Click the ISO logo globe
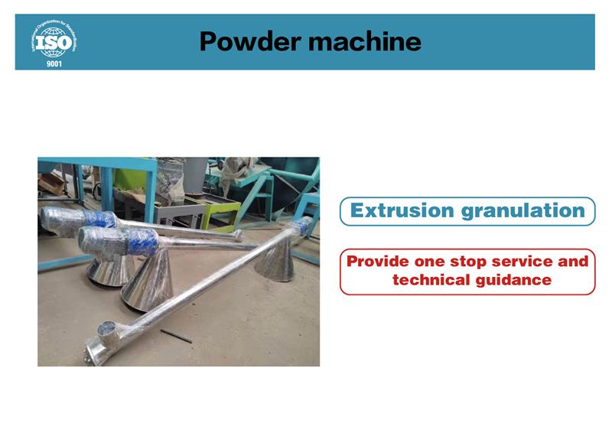pos(54,42)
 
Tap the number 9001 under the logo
pos(54,63)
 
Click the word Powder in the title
pos(250,41)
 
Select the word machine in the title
pos(365,41)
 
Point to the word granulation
pos(523,212)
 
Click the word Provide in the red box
pos(377,261)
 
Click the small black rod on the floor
pos(176,336)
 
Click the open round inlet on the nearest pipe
pos(106,328)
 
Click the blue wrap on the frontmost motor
pos(145,242)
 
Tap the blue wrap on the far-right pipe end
pos(304,225)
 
